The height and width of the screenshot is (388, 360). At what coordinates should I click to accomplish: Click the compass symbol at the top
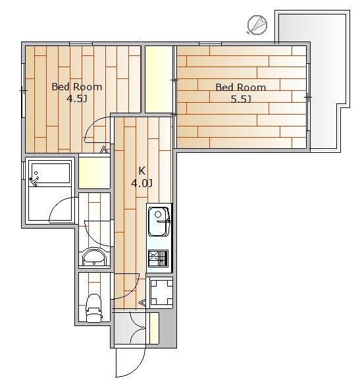(257, 24)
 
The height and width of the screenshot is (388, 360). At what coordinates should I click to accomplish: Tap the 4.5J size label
(77, 99)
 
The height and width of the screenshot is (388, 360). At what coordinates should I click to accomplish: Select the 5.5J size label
(241, 99)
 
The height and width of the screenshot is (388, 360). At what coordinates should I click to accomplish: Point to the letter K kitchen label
(141, 171)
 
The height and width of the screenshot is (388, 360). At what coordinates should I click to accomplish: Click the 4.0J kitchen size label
(142, 183)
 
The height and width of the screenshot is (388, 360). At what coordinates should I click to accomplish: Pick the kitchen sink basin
(159, 221)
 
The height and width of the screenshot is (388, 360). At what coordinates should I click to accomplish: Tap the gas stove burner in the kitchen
(158, 258)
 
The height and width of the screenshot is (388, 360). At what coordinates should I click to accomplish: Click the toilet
(93, 308)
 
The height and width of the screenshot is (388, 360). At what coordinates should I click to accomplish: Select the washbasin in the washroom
(94, 257)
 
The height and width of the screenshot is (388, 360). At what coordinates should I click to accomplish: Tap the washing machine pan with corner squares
(161, 292)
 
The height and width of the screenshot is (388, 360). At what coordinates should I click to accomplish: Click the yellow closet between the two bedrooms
(159, 79)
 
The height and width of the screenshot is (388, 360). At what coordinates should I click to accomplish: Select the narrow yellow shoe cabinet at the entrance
(154, 328)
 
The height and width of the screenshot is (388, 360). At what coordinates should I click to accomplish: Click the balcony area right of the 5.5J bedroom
(324, 79)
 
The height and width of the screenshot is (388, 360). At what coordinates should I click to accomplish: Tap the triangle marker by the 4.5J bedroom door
(103, 150)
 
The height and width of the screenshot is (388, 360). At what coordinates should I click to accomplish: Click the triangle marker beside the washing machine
(142, 303)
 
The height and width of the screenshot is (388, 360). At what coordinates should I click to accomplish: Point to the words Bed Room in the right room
(241, 88)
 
